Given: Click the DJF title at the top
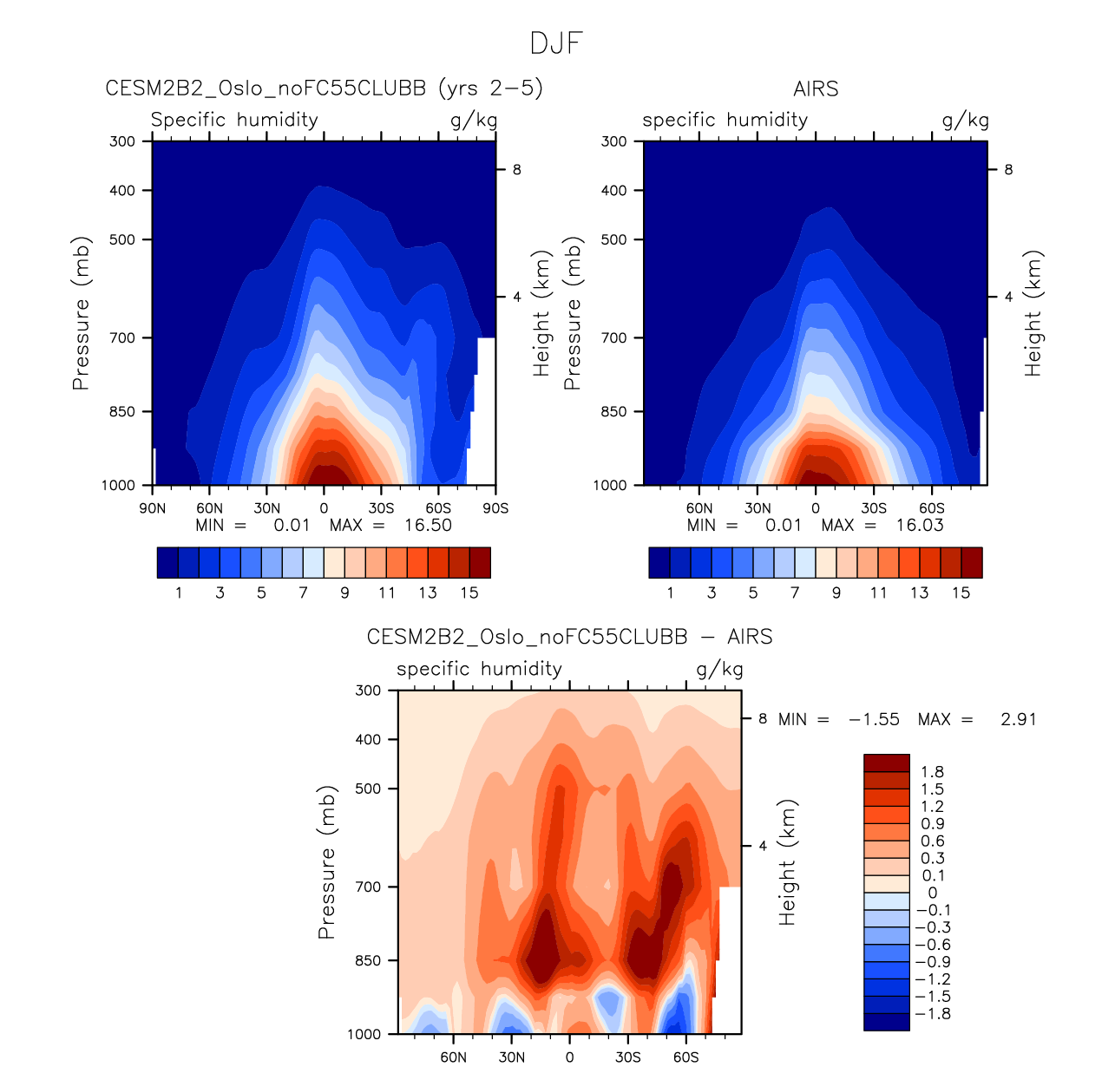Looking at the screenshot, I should click(x=556, y=43).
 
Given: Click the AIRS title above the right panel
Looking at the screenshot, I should click(x=816, y=89).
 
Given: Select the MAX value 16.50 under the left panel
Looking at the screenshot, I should click(x=428, y=525).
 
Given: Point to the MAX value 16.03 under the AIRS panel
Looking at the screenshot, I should click(x=920, y=525).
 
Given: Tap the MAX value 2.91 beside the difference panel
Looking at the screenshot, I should click(x=1018, y=719).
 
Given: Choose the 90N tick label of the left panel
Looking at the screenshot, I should click(x=153, y=508).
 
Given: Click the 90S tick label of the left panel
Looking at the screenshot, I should click(x=495, y=508).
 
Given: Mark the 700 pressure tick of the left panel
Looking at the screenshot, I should click(x=123, y=337).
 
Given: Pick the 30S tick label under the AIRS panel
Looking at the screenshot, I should click(x=874, y=508).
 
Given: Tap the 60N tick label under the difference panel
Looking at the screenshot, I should click(x=453, y=1057).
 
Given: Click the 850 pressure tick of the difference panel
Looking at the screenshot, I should click(x=369, y=960).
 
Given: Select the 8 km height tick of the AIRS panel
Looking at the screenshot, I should click(x=1008, y=170).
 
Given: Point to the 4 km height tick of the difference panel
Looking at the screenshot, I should click(x=763, y=846).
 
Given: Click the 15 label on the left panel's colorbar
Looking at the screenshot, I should click(x=469, y=592).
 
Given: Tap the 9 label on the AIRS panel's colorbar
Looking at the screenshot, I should click(x=836, y=592).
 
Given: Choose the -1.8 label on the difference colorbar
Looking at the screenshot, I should click(x=934, y=1013).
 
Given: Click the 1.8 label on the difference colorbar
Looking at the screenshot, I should click(x=933, y=771).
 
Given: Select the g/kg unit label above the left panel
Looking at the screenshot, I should click(x=474, y=120).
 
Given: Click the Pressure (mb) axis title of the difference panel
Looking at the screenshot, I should click(x=326, y=862).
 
